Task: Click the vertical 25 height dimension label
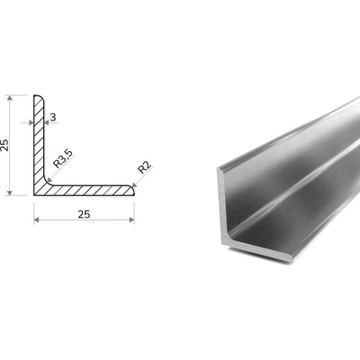(4, 145)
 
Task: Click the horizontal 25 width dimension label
(84, 214)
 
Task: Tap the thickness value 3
(53, 117)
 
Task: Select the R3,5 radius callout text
(63, 158)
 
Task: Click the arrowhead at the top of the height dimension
(10, 98)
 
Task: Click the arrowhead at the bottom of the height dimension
(10, 193)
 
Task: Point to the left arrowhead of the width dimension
(37, 220)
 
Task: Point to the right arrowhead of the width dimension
(131, 220)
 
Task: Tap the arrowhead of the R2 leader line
(134, 185)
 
